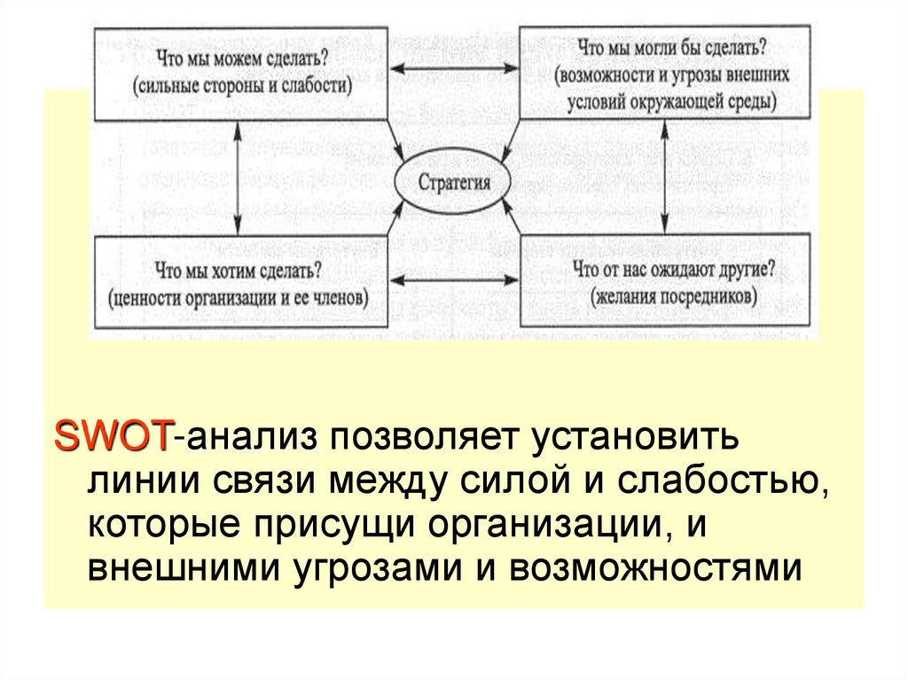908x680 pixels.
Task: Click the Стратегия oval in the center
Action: coord(454,184)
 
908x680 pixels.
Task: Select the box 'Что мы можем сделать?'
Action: coord(239,72)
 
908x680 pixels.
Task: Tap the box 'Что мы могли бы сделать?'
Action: coord(664,72)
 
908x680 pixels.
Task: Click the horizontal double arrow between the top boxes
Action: coord(454,69)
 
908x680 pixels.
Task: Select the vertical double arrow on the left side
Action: coord(238,176)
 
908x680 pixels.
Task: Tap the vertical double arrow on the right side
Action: coord(663,176)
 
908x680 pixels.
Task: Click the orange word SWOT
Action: coord(113,436)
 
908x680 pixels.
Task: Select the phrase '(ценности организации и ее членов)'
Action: coord(239,297)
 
